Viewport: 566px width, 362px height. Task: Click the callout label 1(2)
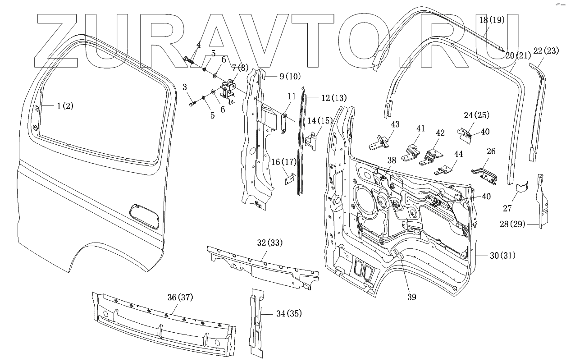click(x=64, y=106)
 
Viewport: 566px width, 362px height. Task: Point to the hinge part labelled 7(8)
click(x=228, y=91)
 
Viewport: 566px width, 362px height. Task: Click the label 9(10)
click(x=290, y=77)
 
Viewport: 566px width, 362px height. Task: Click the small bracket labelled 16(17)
click(x=289, y=179)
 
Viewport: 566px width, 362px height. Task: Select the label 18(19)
click(x=492, y=20)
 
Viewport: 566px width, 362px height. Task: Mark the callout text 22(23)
click(x=545, y=51)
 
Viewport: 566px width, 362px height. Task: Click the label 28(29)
click(x=512, y=224)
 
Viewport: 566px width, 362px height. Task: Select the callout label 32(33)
click(x=269, y=243)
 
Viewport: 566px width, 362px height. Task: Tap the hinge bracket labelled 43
click(x=380, y=143)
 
